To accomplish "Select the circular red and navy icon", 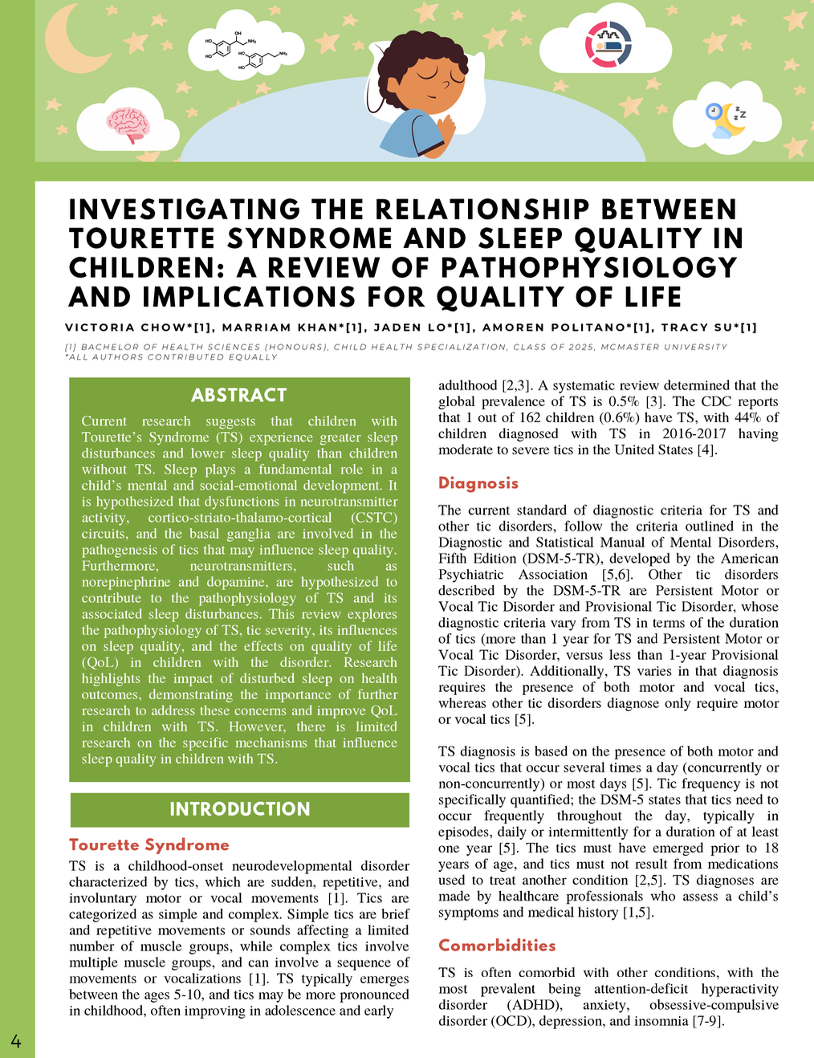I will click(608, 43).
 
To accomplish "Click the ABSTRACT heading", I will click(239, 395).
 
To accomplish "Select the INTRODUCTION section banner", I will click(239, 809).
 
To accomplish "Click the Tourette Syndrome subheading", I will click(149, 844).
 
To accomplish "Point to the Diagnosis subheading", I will click(478, 483).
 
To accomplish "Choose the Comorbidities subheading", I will click(497, 946).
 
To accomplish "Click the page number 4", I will click(16, 1042).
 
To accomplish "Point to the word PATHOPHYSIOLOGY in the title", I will click(588, 268).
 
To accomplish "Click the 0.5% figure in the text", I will click(645, 401).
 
